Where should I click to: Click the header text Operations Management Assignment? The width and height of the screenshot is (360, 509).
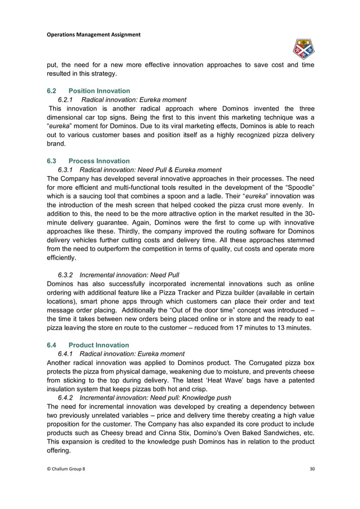point(93,34)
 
